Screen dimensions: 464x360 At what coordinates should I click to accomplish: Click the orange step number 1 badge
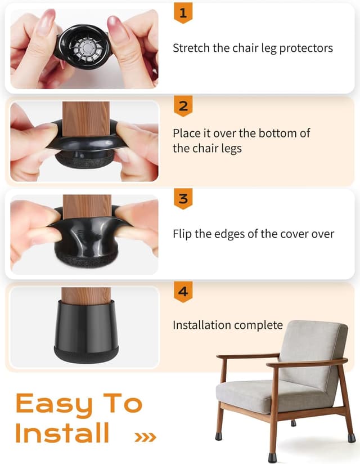(x=183, y=12)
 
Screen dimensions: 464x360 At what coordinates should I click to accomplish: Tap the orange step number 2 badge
(x=183, y=105)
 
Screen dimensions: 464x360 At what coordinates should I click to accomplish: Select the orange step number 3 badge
(x=183, y=199)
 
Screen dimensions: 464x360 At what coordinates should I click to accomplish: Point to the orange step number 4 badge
(x=183, y=292)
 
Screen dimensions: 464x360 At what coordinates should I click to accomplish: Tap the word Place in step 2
(x=187, y=133)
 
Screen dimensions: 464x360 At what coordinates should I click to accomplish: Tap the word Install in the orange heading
(x=62, y=432)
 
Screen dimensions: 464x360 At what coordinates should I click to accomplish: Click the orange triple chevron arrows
(x=145, y=436)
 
